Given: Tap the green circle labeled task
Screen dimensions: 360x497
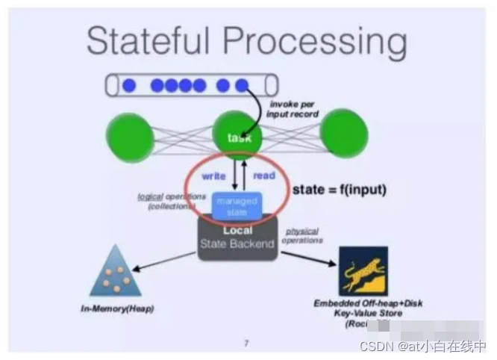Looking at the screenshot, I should click(x=240, y=137).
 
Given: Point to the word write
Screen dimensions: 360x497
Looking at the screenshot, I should click(x=214, y=176).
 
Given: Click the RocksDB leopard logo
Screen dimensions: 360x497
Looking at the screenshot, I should click(x=363, y=271).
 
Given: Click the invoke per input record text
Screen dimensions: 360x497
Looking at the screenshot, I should click(x=293, y=109).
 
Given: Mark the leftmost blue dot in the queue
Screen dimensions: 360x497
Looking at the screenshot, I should click(x=129, y=86).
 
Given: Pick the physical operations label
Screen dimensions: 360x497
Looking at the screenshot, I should click(x=303, y=236).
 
